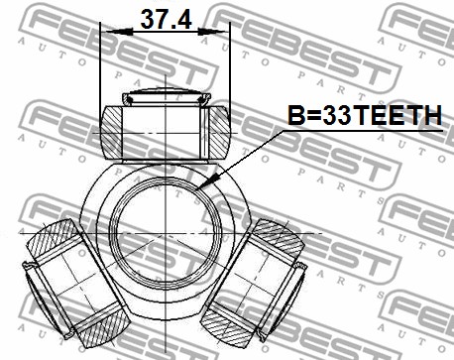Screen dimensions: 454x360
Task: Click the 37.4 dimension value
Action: [x=166, y=20]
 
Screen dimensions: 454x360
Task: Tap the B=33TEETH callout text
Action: [x=365, y=115]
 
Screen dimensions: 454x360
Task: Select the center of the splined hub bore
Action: [x=166, y=233]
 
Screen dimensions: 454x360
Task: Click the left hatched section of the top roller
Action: [x=112, y=132]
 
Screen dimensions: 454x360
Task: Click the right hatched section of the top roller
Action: [x=219, y=132]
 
